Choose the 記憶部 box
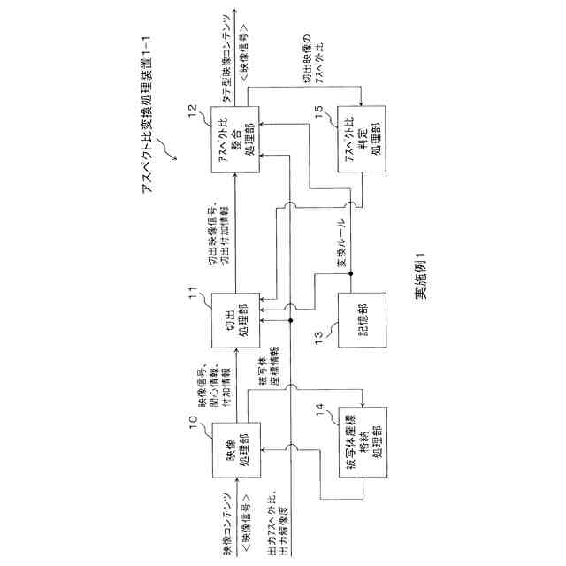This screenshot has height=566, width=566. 360,323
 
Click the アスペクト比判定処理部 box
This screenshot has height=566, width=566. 360,138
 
